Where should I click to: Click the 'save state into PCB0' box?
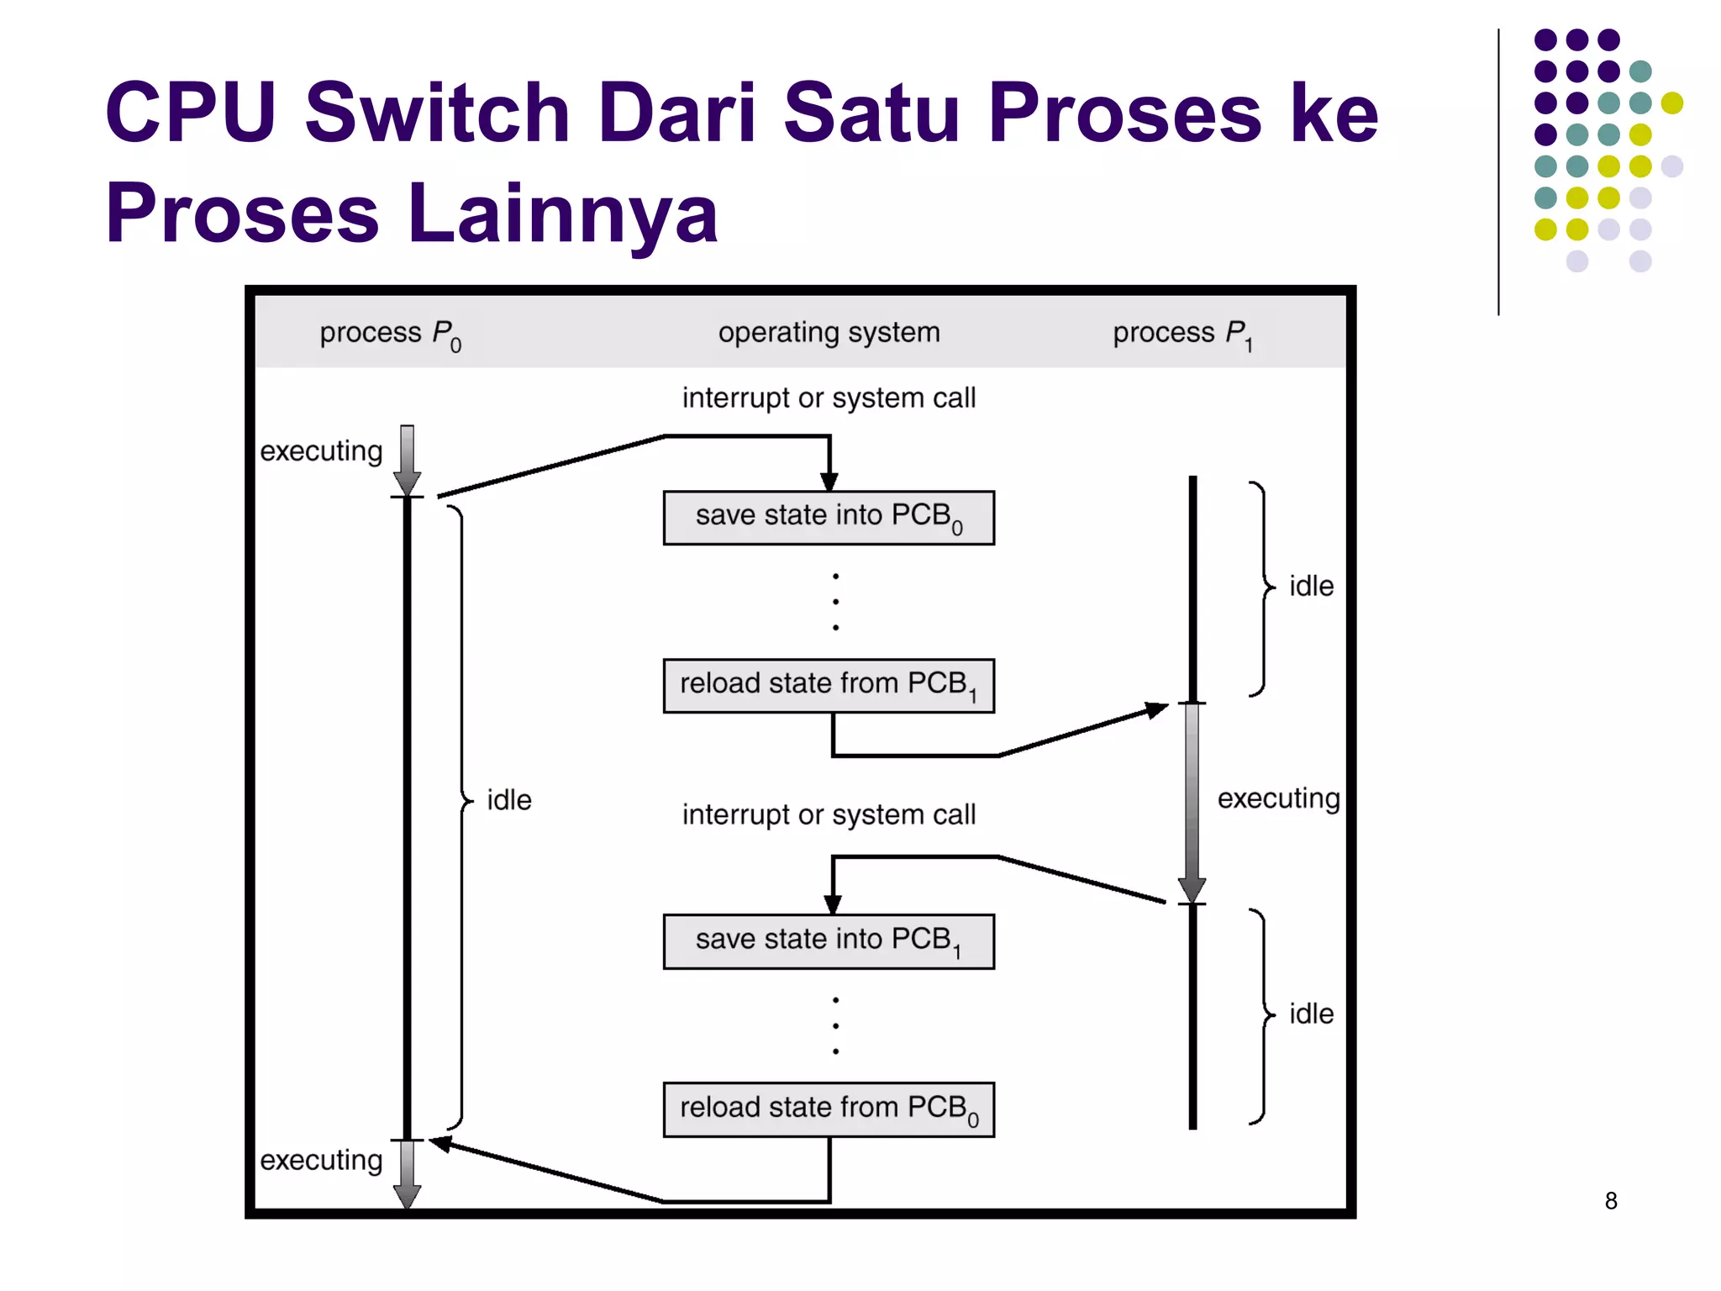point(828,518)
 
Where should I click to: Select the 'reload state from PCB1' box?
point(828,686)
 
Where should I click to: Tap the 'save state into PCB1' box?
point(828,941)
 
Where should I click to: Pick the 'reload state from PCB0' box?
point(828,1109)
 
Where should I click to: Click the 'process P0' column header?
point(390,334)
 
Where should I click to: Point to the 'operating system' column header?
point(829,332)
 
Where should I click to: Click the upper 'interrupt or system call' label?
point(829,398)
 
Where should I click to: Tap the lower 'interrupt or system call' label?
point(829,814)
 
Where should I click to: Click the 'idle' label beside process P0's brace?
point(509,800)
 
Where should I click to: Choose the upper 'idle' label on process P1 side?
point(1311,586)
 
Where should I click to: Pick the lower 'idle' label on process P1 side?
point(1311,1014)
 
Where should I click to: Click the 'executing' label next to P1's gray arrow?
point(1278,798)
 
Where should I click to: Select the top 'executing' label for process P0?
point(321,451)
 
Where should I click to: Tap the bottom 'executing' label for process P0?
point(321,1160)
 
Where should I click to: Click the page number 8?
point(1610,1201)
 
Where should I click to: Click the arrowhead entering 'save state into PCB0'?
point(829,482)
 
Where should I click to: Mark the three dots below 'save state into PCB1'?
point(835,1025)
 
